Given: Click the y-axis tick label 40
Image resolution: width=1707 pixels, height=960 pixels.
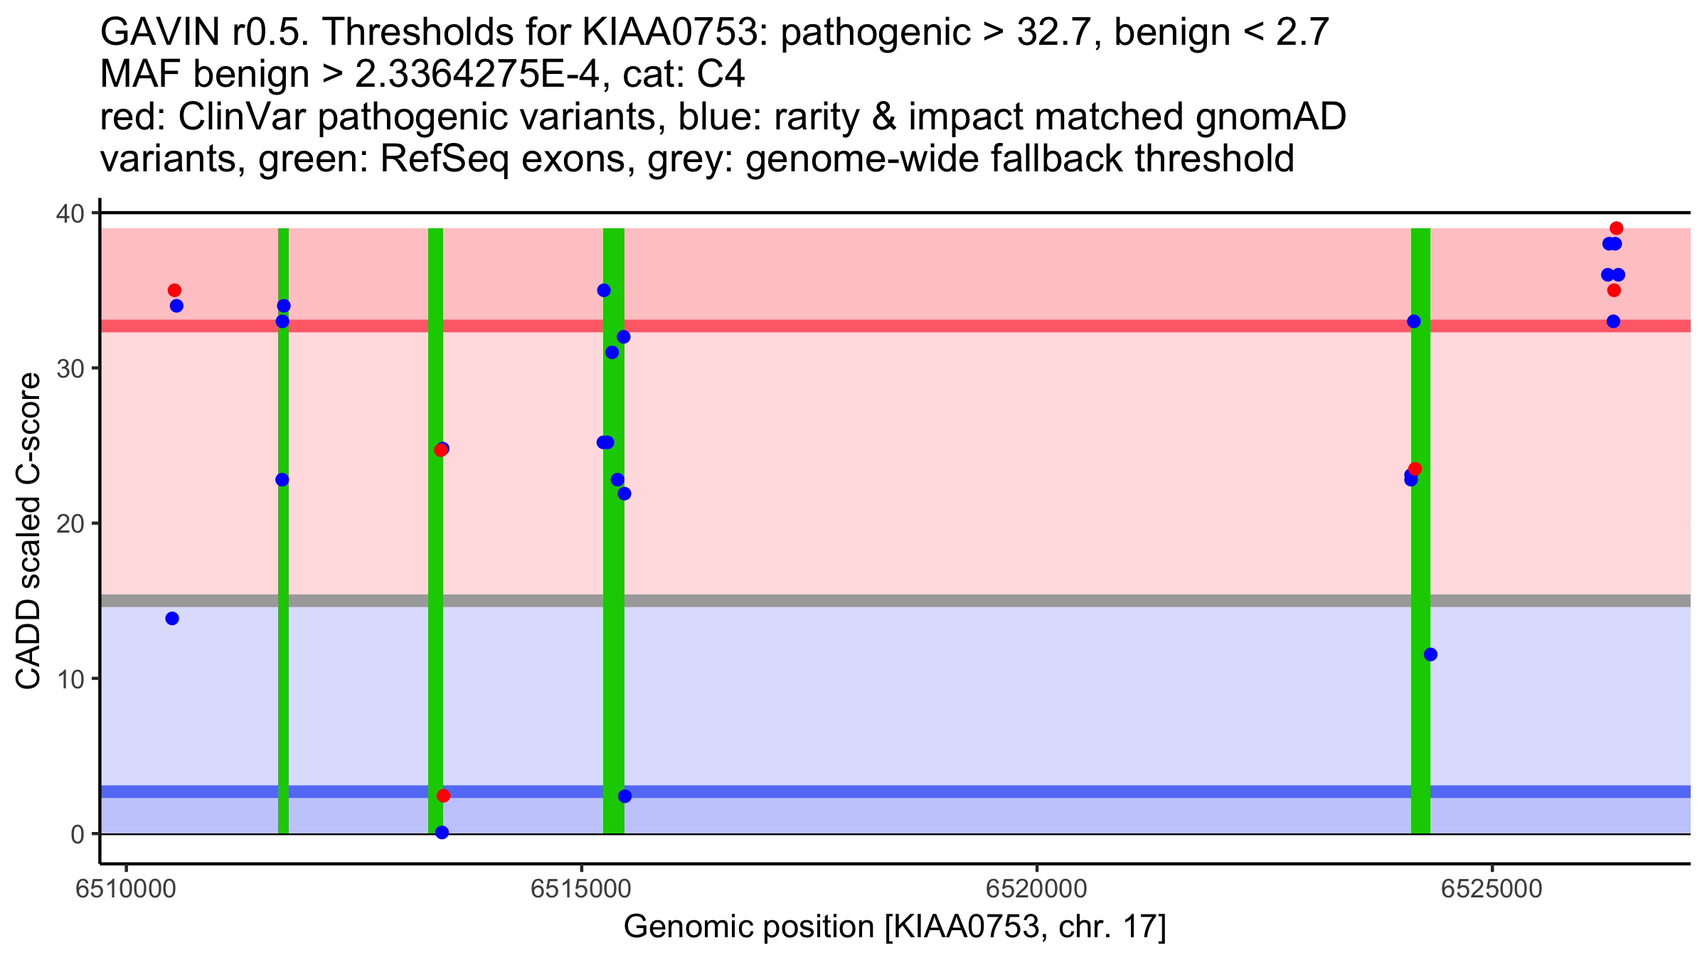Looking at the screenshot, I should (x=70, y=213).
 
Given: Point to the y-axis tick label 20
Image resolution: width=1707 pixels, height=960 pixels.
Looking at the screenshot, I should (x=70, y=524).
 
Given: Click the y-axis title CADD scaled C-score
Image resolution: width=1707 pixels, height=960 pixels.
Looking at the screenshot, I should (x=28, y=531).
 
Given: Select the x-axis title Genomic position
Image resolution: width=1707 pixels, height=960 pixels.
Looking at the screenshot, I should (x=894, y=927).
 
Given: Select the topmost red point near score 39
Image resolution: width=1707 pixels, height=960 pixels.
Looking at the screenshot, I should (x=1616, y=228).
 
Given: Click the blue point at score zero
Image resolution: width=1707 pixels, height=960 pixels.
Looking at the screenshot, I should (x=442, y=832).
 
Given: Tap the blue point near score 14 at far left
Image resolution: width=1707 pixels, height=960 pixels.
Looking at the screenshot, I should (x=172, y=619).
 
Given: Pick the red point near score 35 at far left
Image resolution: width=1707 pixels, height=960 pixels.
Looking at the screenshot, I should (x=174, y=290).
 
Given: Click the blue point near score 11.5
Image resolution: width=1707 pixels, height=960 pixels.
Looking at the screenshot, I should (x=1430, y=654).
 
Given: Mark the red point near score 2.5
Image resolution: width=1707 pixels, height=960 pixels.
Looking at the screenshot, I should (x=443, y=795).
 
